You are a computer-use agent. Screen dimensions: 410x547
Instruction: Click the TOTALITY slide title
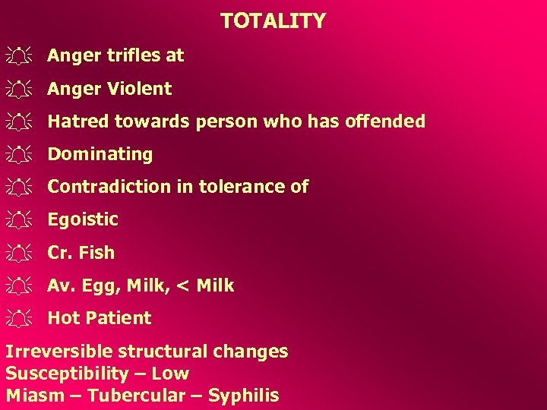click(x=273, y=20)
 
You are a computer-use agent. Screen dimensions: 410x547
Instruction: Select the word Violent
click(x=139, y=89)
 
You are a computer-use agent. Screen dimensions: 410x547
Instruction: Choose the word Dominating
click(x=100, y=154)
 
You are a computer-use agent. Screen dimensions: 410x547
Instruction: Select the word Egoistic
click(x=83, y=220)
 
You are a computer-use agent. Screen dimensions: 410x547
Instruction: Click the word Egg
click(x=97, y=286)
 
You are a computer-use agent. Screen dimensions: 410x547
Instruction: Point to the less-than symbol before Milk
click(x=183, y=286)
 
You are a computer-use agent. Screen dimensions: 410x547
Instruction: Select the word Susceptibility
click(x=68, y=374)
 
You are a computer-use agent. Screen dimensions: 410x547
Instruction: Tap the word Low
click(x=170, y=374)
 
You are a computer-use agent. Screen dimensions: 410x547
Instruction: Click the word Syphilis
click(x=243, y=396)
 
